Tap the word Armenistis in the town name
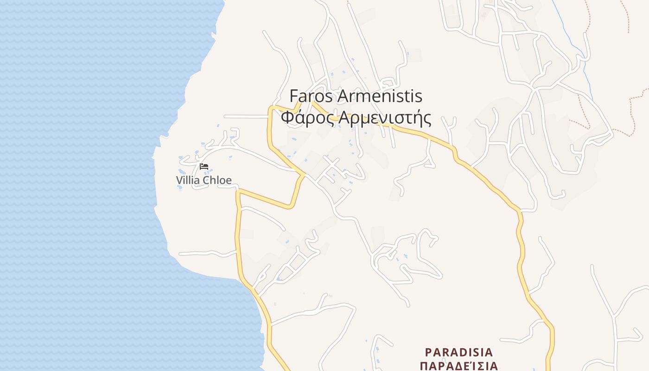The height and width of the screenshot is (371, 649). (x=380, y=96)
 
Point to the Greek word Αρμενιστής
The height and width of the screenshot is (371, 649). (x=385, y=118)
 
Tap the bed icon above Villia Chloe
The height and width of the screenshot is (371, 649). (x=204, y=166)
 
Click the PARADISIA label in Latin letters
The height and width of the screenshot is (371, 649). (x=459, y=352)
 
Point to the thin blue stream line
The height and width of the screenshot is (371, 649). (x=575, y=46)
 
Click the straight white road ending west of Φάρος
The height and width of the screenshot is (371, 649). (x=246, y=116)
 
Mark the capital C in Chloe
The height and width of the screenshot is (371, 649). (x=206, y=180)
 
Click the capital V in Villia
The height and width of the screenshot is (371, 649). (x=179, y=180)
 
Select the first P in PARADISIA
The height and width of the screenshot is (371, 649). (x=428, y=352)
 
